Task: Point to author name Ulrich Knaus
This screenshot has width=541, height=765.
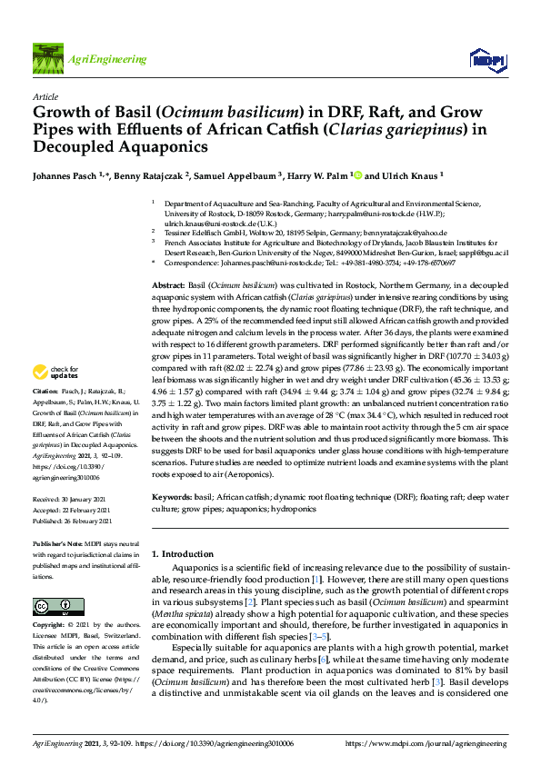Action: [x=414, y=175]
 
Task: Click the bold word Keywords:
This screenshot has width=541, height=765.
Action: [x=172, y=498]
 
